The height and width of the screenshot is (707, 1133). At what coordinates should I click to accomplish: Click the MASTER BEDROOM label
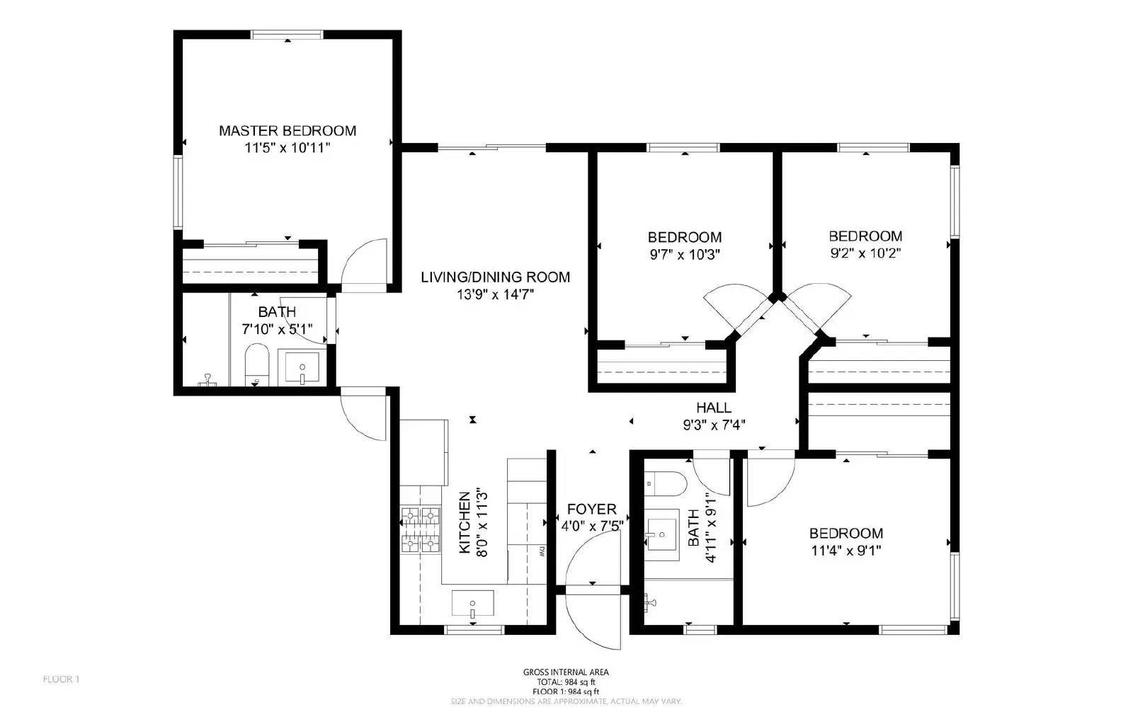(x=287, y=131)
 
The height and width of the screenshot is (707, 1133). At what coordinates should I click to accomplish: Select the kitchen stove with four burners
(x=421, y=529)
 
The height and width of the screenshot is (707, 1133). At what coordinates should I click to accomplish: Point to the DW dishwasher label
(x=540, y=550)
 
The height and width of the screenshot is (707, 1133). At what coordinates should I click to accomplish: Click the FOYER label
(x=591, y=509)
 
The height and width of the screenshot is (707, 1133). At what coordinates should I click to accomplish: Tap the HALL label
(x=713, y=408)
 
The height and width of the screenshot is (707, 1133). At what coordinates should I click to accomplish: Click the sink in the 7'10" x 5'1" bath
(x=302, y=367)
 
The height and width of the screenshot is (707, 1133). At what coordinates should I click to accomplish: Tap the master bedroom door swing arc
(x=365, y=263)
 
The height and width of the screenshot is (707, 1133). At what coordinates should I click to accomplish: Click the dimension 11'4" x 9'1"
(x=846, y=551)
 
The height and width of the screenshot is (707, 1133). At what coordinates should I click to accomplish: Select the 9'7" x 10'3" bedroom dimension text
(x=685, y=255)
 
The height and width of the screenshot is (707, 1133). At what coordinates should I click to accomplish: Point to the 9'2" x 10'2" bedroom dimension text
(x=865, y=253)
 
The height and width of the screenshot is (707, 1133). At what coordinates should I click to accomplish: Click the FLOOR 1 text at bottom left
(x=62, y=679)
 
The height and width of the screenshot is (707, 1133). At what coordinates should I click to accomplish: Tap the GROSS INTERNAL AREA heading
(x=565, y=672)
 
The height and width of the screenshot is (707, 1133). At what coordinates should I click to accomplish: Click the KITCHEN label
(x=465, y=522)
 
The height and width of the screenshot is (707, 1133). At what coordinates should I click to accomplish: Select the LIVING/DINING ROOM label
(x=495, y=277)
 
